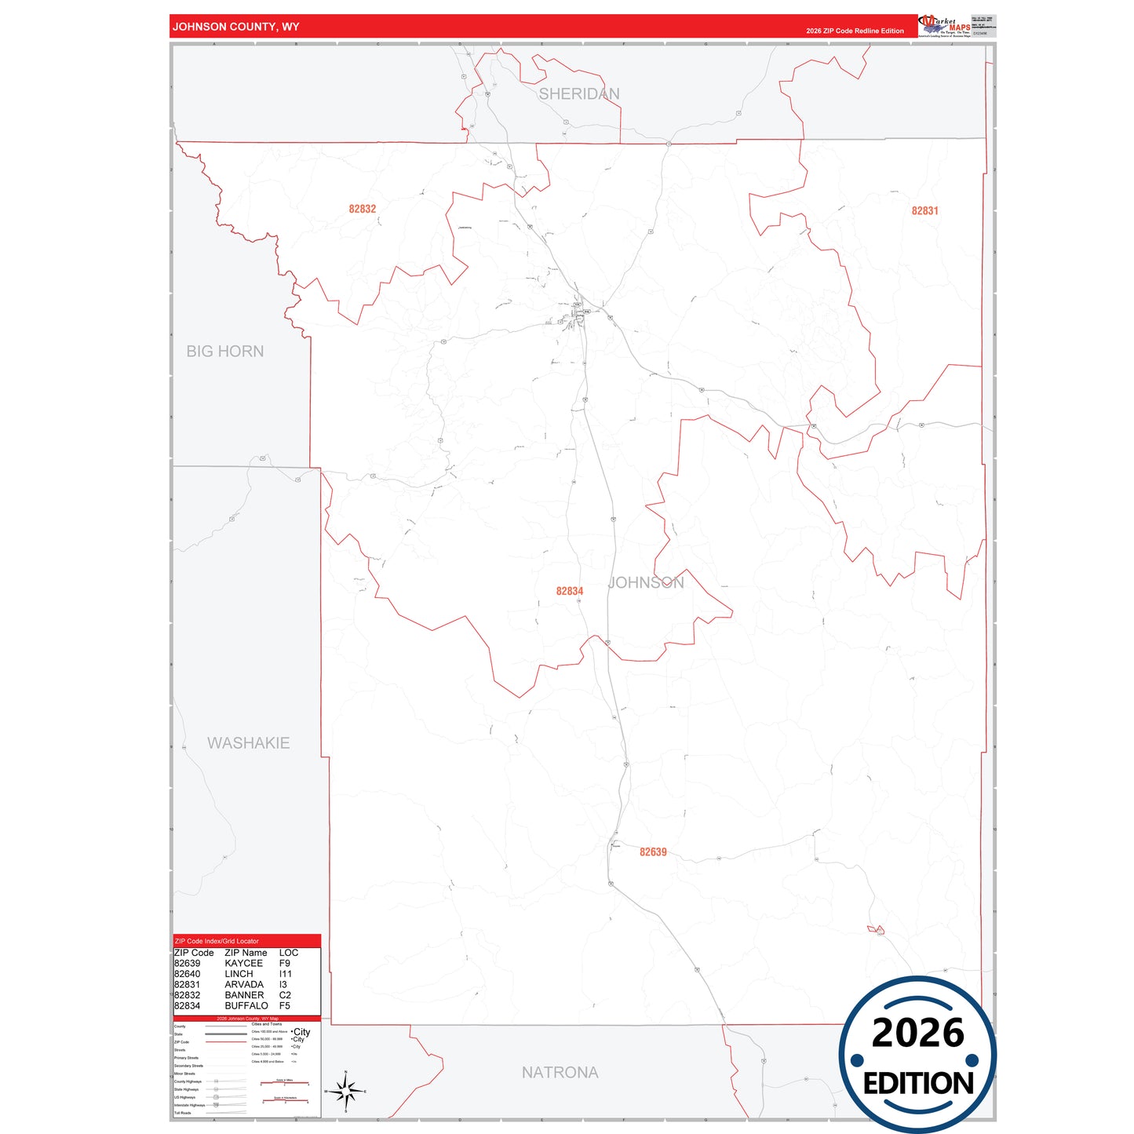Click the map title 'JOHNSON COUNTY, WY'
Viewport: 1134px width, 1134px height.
(x=235, y=27)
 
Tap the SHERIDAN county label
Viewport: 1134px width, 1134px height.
(x=578, y=94)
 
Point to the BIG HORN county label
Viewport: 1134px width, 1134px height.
(x=224, y=352)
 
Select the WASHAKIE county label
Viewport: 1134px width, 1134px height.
(x=248, y=743)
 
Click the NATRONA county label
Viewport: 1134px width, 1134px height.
(x=560, y=1072)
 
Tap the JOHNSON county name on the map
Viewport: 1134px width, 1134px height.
(x=647, y=582)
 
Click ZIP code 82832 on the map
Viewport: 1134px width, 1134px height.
(x=363, y=209)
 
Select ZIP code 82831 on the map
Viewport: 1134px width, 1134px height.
(x=924, y=210)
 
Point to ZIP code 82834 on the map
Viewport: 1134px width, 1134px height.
(x=569, y=591)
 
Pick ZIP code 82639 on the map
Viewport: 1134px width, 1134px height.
(x=653, y=852)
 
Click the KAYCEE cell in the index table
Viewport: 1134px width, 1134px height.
(x=243, y=963)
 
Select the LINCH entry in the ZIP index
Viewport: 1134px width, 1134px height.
(x=239, y=974)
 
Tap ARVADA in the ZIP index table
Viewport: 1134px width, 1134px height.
(x=243, y=984)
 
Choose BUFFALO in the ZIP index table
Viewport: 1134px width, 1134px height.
(x=246, y=1005)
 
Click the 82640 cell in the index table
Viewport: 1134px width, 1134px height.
(x=187, y=974)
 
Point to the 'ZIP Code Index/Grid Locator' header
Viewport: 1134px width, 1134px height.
(x=217, y=941)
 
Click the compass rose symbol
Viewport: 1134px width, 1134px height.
(x=345, y=1091)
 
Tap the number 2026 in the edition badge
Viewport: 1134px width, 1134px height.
(x=917, y=1033)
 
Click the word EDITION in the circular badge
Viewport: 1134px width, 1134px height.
(x=917, y=1084)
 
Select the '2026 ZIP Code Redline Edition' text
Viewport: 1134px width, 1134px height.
(x=855, y=31)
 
